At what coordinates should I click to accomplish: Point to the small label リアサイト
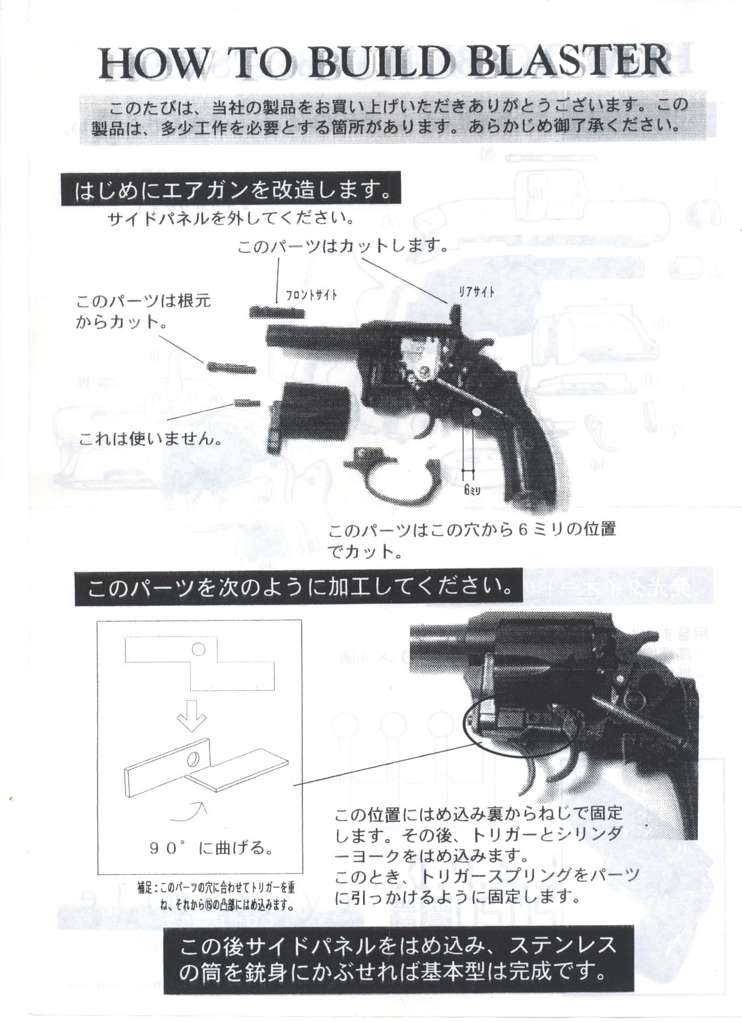point(477,292)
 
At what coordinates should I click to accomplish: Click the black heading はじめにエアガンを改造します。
point(232,190)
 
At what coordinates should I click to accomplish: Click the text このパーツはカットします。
point(343,246)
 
